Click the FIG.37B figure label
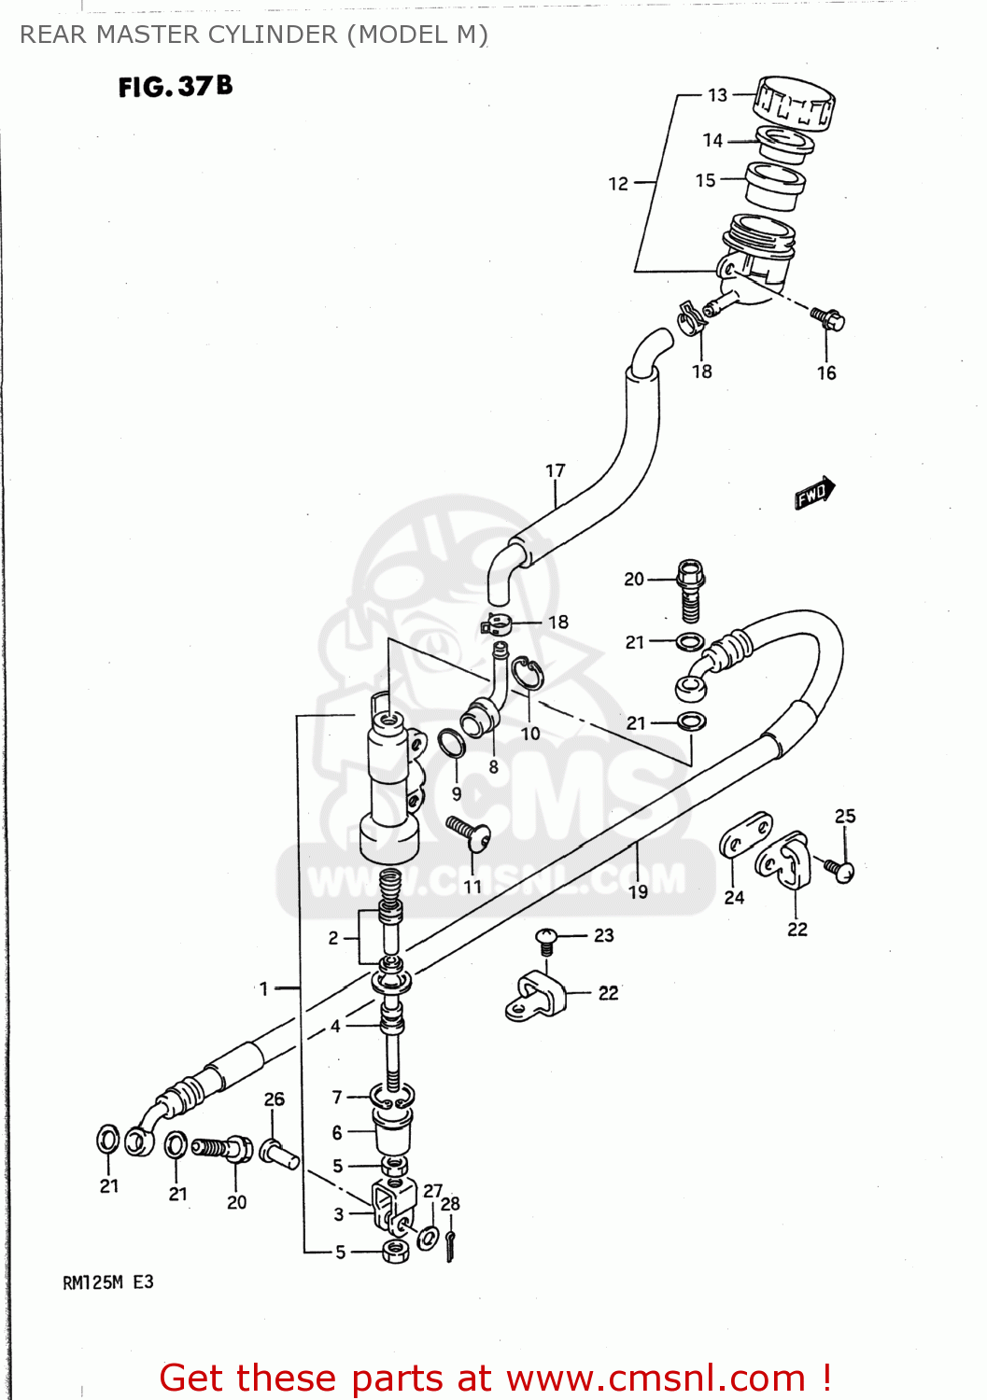click(x=175, y=87)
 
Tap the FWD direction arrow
click(x=814, y=492)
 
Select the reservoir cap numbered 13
click(x=794, y=101)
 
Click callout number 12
click(x=618, y=184)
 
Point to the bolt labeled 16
click(x=830, y=318)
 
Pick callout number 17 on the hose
click(x=556, y=471)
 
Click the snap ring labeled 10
click(x=528, y=674)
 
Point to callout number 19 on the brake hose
click(x=638, y=891)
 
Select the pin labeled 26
click(x=278, y=1154)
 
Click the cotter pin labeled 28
click(x=450, y=1244)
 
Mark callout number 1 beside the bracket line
click(x=264, y=987)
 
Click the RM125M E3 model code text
click(x=107, y=1282)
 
